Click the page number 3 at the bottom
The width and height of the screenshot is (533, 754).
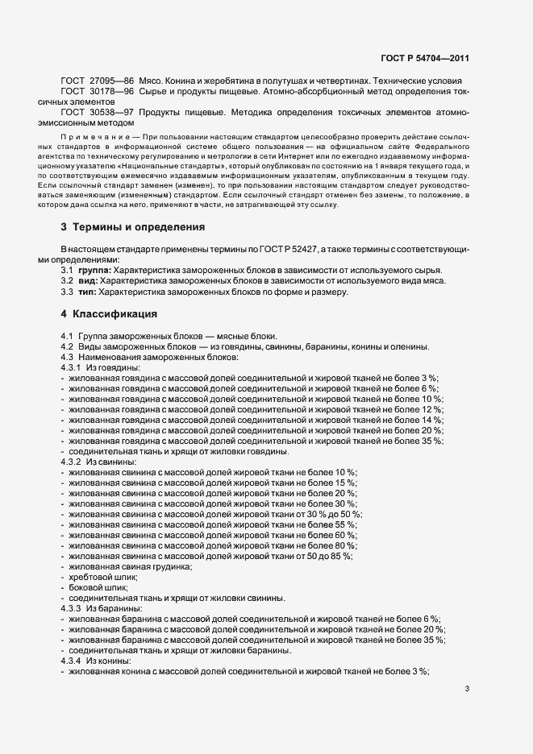468,689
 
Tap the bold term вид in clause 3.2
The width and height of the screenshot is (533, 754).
88,281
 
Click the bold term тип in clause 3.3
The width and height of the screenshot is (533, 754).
88,292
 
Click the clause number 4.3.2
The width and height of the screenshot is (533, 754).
72,462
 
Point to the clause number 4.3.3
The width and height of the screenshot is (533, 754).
72,608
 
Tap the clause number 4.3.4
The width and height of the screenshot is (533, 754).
72,661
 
